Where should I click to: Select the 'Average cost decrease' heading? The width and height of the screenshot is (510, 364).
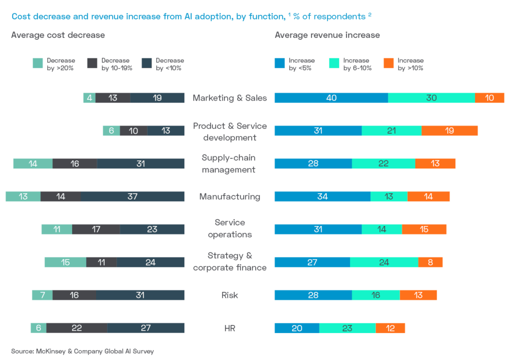coord(58,35)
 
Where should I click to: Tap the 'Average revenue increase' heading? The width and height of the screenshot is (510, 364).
coord(327,35)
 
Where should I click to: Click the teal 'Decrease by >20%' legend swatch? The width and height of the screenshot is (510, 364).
coord(37,63)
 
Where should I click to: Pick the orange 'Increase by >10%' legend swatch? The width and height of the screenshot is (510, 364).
coord(388,63)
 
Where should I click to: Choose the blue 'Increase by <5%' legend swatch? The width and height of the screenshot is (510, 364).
coord(280,63)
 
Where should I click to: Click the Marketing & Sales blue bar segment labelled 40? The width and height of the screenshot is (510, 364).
coord(331,98)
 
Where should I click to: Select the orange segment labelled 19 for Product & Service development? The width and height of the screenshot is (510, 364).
coord(450,131)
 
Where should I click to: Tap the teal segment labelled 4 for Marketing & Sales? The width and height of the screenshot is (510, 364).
coord(89,98)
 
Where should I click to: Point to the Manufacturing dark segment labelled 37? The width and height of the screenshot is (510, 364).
coord(132,197)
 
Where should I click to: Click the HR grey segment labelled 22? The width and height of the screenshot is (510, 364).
coord(77,328)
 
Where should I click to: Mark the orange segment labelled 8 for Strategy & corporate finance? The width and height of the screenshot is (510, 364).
coord(430,262)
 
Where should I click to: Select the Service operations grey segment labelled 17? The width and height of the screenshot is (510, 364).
coord(96,230)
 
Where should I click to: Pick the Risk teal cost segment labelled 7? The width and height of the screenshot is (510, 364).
coord(42,295)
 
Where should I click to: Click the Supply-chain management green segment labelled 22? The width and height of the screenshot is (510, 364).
coord(383,164)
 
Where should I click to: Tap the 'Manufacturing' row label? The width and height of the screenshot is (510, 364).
coord(230,197)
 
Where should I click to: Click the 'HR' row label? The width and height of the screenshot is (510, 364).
coord(230,328)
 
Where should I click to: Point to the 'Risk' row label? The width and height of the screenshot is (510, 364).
coord(230,295)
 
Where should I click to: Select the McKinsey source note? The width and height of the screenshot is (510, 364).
coord(82,351)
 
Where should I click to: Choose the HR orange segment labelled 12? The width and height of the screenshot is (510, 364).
coord(390,328)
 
